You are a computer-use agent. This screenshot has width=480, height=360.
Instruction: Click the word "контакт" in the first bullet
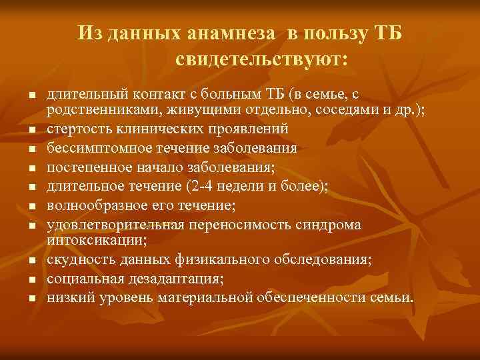tap(173, 95)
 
